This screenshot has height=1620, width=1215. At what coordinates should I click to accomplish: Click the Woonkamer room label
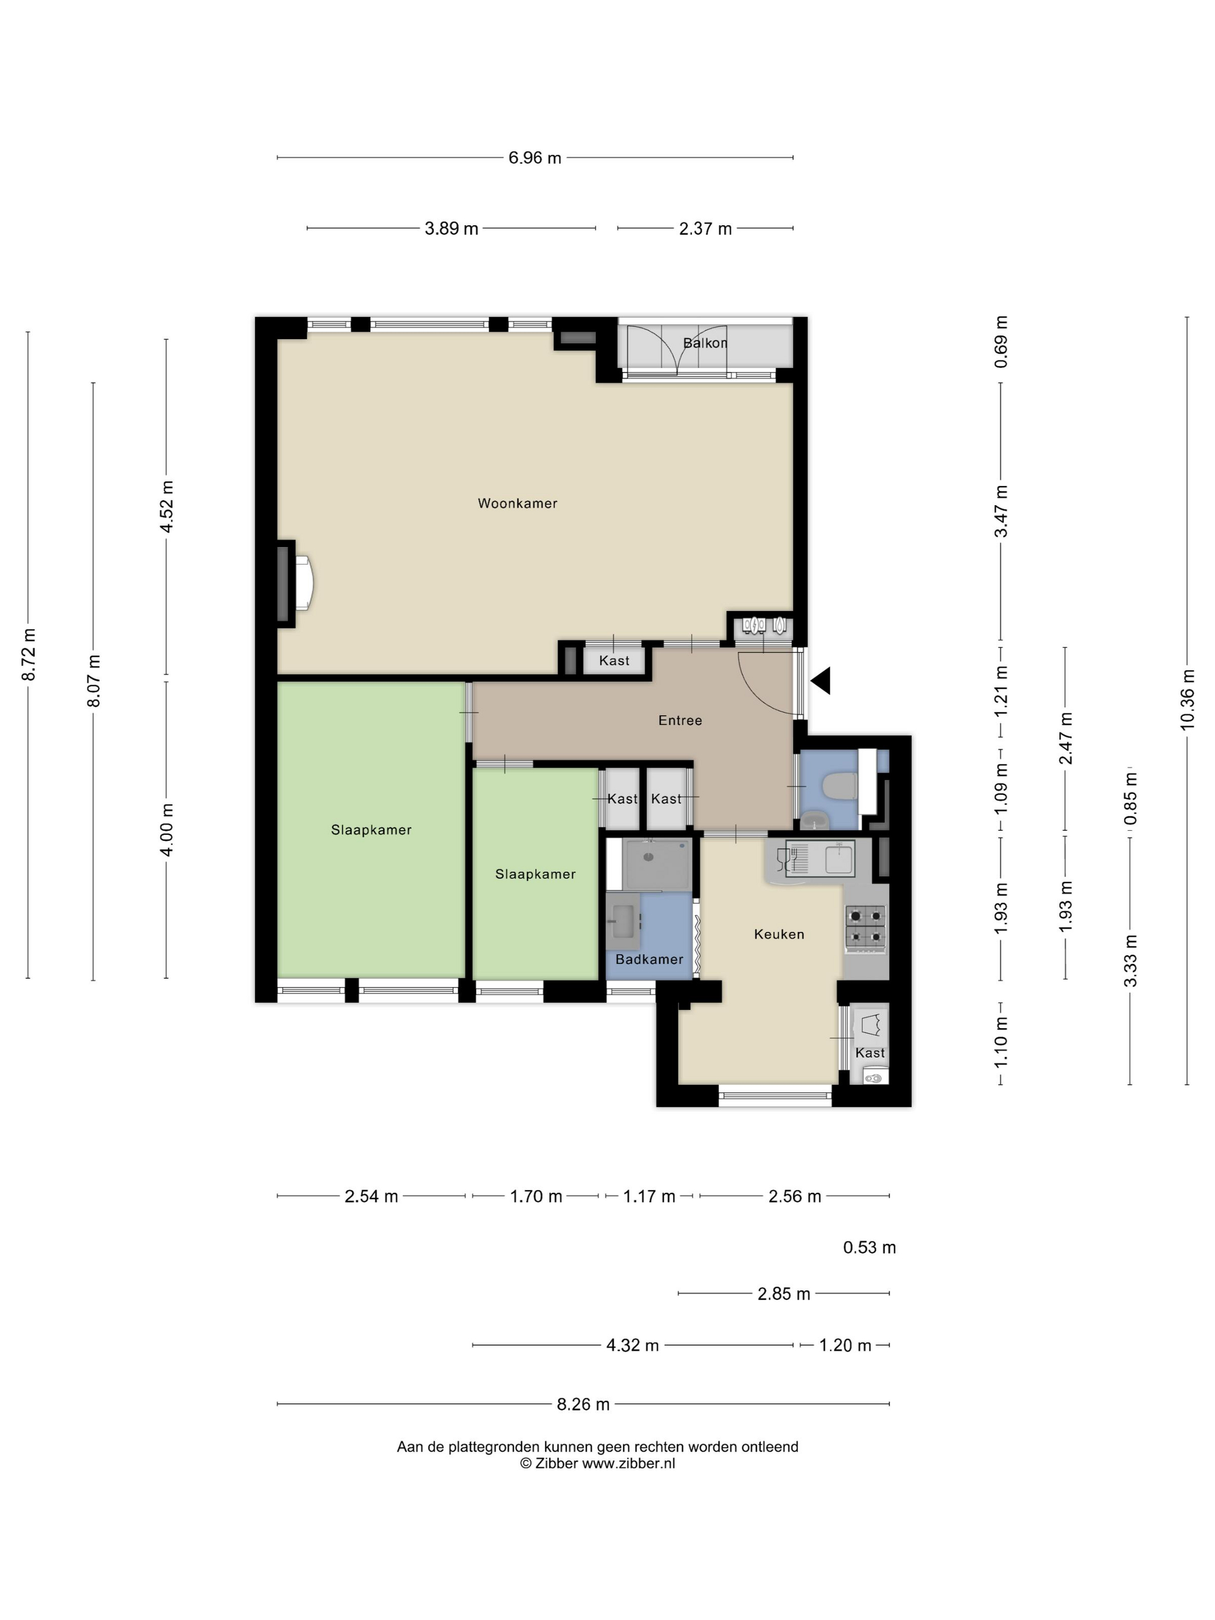pyautogui.click(x=517, y=503)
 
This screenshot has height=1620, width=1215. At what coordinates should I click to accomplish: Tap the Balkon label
pyautogui.click(x=705, y=343)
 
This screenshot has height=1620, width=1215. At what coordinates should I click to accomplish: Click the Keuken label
pyautogui.click(x=779, y=934)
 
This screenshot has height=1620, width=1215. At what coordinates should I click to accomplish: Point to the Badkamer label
pyautogui.click(x=649, y=959)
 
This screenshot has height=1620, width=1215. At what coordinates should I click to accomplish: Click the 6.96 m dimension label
pyautogui.click(x=535, y=157)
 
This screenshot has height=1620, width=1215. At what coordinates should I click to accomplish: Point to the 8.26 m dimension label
pyautogui.click(x=583, y=1405)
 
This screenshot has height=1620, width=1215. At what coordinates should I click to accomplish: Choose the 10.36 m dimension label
pyautogui.click(x=1187, y=699)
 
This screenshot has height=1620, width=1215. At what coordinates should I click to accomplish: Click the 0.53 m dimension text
pyautogui.click(x=870, y=1247)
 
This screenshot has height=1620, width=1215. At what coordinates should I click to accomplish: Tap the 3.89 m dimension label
pyautogui.click(x=451, y=229)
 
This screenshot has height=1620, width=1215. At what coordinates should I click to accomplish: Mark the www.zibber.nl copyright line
pyautogui.click(x=598, y=1463)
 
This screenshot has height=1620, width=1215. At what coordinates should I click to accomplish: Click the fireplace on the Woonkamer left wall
pyautogui.click(x=295, y=584)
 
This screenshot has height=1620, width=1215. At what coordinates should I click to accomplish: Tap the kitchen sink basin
pyautogui.click(x=840, y=859)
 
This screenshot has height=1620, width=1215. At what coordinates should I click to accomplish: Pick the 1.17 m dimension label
pyautogui.click(x=649, y=1196)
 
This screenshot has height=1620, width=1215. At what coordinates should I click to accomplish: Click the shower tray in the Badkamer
pyautogui.click(x=657, y=865)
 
